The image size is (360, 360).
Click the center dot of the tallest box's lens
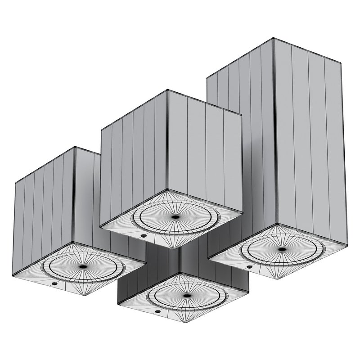[x=282, y=249]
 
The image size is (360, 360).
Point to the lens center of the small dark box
[x=185, y=296]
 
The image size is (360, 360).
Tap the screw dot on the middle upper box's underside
[x=143, y=234]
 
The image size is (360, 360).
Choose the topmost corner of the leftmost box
[x=74, y=147]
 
